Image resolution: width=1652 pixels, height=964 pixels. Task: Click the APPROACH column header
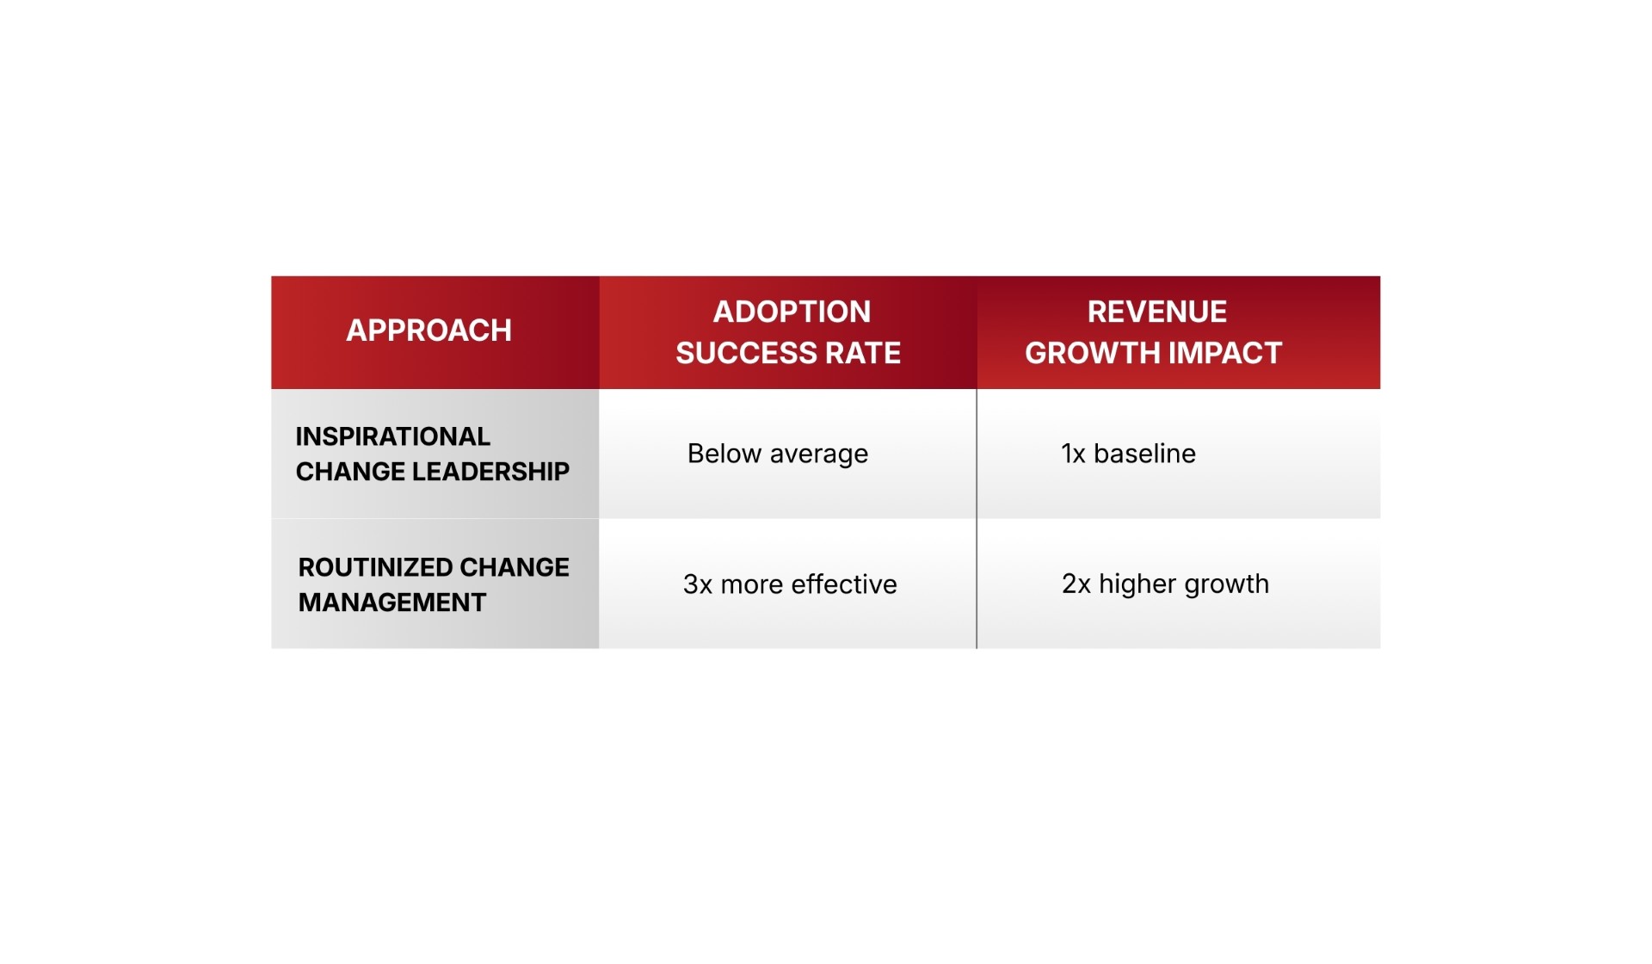point(428,331)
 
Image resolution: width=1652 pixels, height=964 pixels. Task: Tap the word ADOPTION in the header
point(792,312)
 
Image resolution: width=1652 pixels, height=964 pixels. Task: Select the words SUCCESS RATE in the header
point(788,353)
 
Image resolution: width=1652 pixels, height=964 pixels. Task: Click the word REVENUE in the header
point(1156,312)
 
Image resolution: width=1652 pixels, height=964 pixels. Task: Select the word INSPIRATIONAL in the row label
point(392,436)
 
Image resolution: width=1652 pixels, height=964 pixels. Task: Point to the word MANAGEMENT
point(392,602)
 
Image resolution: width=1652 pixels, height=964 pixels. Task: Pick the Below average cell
point(778,454)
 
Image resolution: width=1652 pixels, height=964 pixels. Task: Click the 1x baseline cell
point(1128,454)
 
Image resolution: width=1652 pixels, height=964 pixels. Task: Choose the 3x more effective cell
point(790,584)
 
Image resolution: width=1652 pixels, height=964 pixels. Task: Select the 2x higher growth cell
point(1165,584)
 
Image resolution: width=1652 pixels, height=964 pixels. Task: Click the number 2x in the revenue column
point(1076,584)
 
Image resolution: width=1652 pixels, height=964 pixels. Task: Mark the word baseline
point(1144,454)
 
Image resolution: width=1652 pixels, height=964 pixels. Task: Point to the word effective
point(844,584)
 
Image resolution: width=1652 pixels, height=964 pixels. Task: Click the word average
point(818,454)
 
